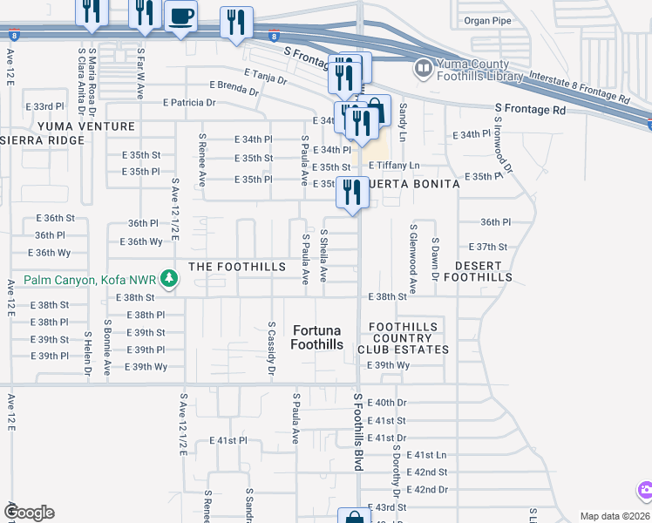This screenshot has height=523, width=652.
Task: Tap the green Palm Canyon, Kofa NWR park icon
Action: [171, 280]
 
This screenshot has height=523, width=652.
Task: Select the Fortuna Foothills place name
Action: [316, 337]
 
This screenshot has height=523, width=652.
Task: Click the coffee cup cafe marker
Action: [180, 17]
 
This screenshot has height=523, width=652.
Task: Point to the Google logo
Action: [29, 513]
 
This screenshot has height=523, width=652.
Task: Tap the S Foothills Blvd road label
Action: [357, 431]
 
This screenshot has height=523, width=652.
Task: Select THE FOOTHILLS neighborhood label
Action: [237, 266]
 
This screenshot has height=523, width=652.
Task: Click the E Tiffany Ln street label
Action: [394, 166]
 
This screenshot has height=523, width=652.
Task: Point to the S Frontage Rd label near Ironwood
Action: [530, 110]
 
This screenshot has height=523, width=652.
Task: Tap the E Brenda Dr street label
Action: [234, 87]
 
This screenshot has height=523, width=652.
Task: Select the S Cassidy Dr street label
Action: [272, 349]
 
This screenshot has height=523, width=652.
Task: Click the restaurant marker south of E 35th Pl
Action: [352, 193]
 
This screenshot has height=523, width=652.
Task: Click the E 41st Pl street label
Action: [228, 441]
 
